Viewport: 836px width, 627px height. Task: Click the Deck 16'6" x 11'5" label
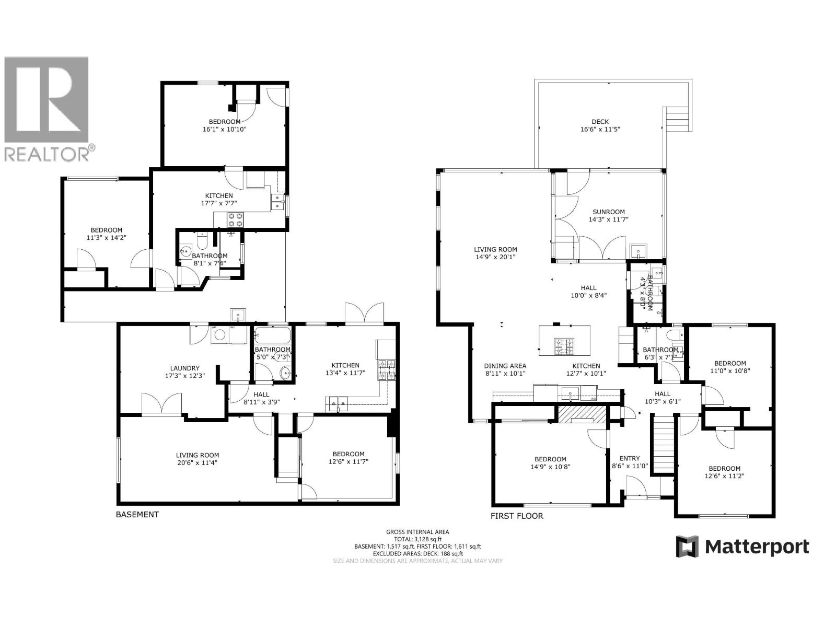point(600,125)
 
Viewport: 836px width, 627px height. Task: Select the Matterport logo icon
point(688,547)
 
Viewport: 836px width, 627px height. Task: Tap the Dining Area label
point(505,369)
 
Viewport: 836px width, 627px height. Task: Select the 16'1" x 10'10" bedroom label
point(225,125)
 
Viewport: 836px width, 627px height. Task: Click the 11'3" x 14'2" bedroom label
point(106,234)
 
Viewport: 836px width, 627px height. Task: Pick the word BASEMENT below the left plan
point(137,514)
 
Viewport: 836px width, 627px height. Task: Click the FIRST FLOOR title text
point(517,516)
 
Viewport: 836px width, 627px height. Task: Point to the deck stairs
point(678,120)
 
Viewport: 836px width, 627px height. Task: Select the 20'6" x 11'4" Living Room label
point(197,459)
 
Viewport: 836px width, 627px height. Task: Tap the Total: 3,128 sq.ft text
point(417,539)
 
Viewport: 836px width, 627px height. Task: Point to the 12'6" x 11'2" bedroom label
point(724,472)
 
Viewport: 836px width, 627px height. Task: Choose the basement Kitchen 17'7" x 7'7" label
point(218,200)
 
